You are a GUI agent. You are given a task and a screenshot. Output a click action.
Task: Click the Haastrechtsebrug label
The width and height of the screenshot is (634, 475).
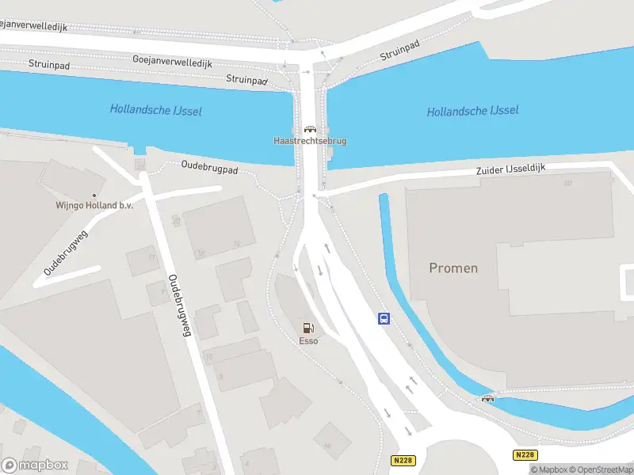pyautogui.click(x=310, y=141)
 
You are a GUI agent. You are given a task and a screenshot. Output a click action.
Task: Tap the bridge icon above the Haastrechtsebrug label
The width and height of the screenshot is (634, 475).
pyautogui.click(x=310, y=129)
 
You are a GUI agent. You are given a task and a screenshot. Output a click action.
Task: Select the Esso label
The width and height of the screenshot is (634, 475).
pyautogui.click(x=308, y=341)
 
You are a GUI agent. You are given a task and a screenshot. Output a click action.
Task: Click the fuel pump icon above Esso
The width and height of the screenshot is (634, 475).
pyautogui.click(x=308, y=328)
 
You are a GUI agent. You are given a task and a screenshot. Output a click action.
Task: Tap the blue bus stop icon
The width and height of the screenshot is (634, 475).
pyautogui.click(x=384, y=319)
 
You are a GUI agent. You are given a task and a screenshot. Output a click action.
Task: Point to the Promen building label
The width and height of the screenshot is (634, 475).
pyautogui.click(x=453, y=268)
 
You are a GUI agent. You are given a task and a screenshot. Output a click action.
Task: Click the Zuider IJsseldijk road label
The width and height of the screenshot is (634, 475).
pyautogui.click(x=512, y=169)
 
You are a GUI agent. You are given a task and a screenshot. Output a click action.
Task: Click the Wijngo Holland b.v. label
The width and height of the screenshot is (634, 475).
pyautogui.click(x=94, y=205)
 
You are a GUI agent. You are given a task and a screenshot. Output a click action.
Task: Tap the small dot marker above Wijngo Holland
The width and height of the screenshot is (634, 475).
pyautogui.click(x=94, y=195)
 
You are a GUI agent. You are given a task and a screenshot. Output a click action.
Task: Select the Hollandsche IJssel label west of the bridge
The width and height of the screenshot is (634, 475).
pyautogui.click(x=155, y=110)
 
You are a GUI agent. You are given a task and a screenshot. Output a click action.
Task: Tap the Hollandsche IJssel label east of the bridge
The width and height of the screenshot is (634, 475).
pyautogui.click(x=472, y=112)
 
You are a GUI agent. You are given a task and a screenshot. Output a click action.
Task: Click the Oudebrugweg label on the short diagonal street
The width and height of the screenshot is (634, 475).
pyautogui.click(x=65, y=253)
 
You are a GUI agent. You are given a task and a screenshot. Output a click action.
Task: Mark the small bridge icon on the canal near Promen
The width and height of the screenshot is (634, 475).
pyautogui.click(x=487, y=398)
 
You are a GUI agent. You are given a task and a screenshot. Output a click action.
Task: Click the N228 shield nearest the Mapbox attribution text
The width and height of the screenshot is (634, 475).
pyautogui.click(x=525, y=455)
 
